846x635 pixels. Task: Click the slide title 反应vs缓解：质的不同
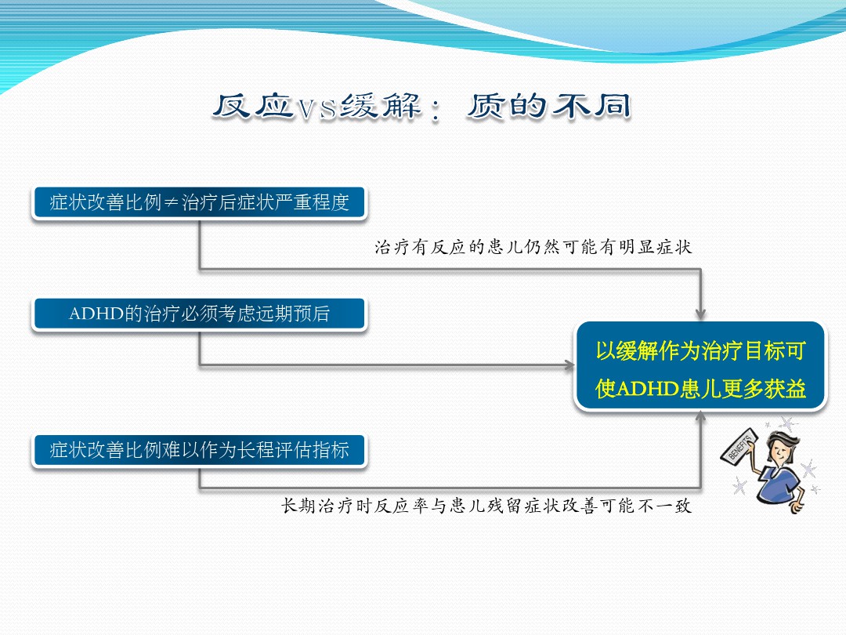pyautogui.click(x=421, y=107)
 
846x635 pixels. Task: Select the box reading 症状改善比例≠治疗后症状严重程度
pyautogui.click(x=199, y=202)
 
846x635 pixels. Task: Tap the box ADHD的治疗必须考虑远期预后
pyautogui.click(x=199, y=314)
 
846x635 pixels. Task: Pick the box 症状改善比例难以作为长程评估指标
pyautogui.click(x=199, y=450)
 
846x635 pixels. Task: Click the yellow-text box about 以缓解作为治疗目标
pyautogui.click(x=700, y=366)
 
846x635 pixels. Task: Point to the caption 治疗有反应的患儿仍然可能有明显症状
pyautogui.click(x=533, y=247)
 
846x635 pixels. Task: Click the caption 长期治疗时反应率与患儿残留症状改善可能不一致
pyautogui.click(x=486, y=506)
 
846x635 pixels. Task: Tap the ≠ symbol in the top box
pyautogui.click(x=171, y=202)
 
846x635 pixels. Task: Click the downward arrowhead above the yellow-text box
pyautogui.click(x=700, y=314)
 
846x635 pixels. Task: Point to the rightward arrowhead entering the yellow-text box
pyautogui.click(x=569, y=365)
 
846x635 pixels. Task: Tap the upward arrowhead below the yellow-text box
pyautogui.click(x=700, y=416)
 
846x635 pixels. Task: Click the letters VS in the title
pyautogui.click(x=316, y=108)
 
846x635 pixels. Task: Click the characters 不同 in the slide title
pyautogui.click(x=591, y=106)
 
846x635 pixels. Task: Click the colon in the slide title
pyautogui.click(x=436, y=111)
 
